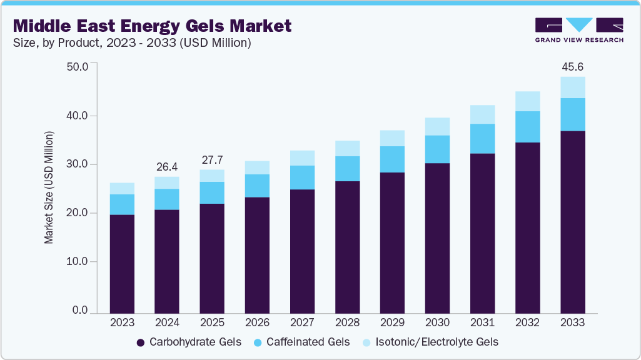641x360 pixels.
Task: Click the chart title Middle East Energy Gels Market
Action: [x=152, y=26]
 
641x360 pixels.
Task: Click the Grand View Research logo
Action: [x=579, y=29]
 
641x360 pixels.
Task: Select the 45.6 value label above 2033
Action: [x=573, y=66]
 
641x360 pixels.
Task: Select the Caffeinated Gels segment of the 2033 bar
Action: [x=573, y=114]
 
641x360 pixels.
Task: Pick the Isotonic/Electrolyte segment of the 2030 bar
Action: [x=437, y=126]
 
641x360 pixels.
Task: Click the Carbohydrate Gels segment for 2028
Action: [x=347, y=247]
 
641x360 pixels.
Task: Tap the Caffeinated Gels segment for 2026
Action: [x=257, y=186]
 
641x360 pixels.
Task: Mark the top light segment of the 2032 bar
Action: [x=528, y=101]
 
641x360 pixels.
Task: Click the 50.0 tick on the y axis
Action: [x=78, y=66]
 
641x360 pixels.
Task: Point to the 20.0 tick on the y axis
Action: [x=78, y=213]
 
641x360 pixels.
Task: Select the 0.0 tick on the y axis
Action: [x=80, y=311]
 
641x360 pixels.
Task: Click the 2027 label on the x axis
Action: [x=302, y=322]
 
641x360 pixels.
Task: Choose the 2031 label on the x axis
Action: [x=483, y=322]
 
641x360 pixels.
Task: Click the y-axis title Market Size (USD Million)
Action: [x=49, y=187]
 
